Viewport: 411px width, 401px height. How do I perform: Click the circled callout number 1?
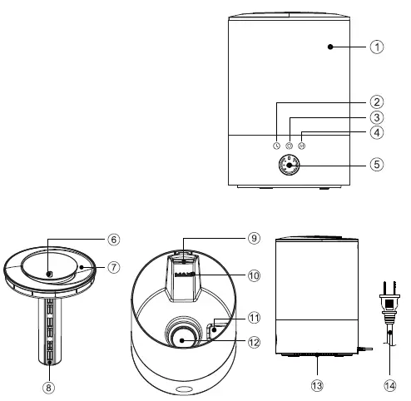click(x=377, y=47)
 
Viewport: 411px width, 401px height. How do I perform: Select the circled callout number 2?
click(x=377, y=101)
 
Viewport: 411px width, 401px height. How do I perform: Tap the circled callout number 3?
click(x=377, y=117)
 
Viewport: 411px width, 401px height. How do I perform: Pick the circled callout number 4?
click(x=377, y=132)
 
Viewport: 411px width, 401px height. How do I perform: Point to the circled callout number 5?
click(x=377, y=165)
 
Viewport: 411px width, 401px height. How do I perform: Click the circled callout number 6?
click(x=113, y=238)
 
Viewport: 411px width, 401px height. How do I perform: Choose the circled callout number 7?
click(x=113, y=268)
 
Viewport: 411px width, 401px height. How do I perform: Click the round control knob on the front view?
click(x=290, y=167)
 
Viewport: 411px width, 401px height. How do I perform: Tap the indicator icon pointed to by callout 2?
click(x=277, y=144)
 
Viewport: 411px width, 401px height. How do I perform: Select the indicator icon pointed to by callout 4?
click(x=302, y=144)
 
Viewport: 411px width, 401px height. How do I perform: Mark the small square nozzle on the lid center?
click(x=49, y=274)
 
